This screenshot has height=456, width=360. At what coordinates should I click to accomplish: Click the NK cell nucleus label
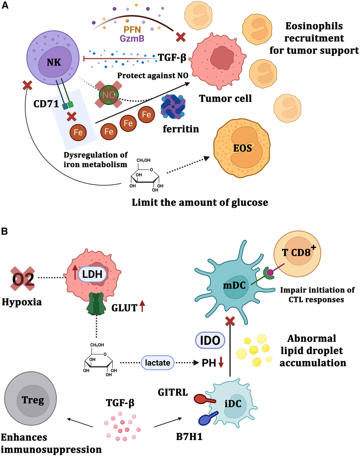54,62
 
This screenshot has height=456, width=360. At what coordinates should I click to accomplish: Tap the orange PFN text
132,29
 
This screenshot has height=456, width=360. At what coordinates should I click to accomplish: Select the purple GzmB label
132,38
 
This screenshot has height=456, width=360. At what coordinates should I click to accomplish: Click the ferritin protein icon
173,107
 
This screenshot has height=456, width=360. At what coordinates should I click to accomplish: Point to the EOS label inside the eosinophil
242,148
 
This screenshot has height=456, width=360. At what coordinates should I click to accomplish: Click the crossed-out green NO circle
109,95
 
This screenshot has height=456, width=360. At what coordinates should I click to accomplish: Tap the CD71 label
46,104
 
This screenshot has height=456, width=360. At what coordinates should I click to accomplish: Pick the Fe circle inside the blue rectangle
78,132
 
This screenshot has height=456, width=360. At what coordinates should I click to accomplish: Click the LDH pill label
92,274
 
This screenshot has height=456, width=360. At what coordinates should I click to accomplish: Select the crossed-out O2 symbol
23,279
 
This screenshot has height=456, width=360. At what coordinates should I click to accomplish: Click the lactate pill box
157,363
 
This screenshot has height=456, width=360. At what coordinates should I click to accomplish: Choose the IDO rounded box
210,340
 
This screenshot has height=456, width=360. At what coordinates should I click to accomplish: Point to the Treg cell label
33,400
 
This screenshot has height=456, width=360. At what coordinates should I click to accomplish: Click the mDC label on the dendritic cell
234,286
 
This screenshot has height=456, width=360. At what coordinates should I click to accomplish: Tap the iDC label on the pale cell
233,404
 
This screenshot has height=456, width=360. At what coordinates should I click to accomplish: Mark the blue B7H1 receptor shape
208,418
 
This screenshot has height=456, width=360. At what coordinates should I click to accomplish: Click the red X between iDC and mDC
230,321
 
